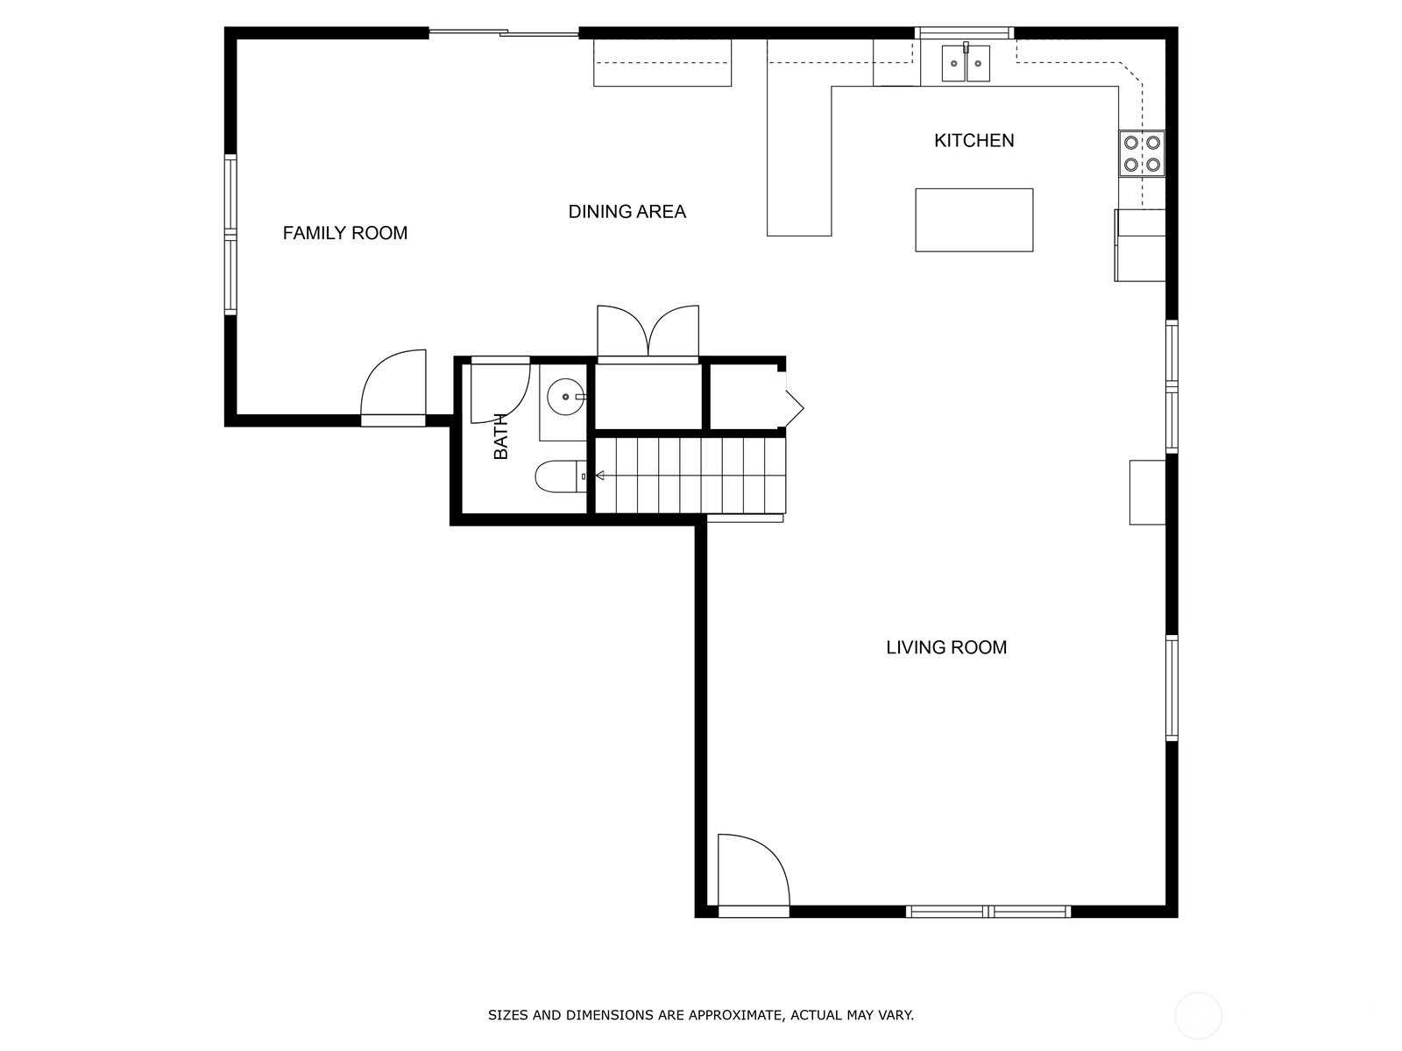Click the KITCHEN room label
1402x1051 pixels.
pyautogui.click(x=974, y=140)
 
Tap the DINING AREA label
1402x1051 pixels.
pyautogui.click(x=627, y=211)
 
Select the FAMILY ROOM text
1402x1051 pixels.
pyautogui.click(x=345, y=233)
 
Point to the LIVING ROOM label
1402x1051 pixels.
pyautogui.click(x=946, y=647)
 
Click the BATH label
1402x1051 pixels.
pyautogui.click(x=501, y=436)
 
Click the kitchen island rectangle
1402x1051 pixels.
pyautogui.click(x=974, y=220)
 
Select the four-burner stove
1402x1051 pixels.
pyautogui.click(x=1142, y=153)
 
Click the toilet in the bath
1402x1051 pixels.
pyautogui.click(x=561, y=476)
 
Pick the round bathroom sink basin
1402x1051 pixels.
pyautogui.click(x=565, y=396)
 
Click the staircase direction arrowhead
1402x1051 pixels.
pyautogui.click(x=599, y=476)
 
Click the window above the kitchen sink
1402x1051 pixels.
pyautogui.click(x=965, y=32)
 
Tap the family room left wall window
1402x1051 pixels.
pyautogui.click(x=230, y=234)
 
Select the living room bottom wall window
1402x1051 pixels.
pyautogui.click(x=988, y=912)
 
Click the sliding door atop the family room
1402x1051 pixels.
pyautogui.click(x=503, y=32)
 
